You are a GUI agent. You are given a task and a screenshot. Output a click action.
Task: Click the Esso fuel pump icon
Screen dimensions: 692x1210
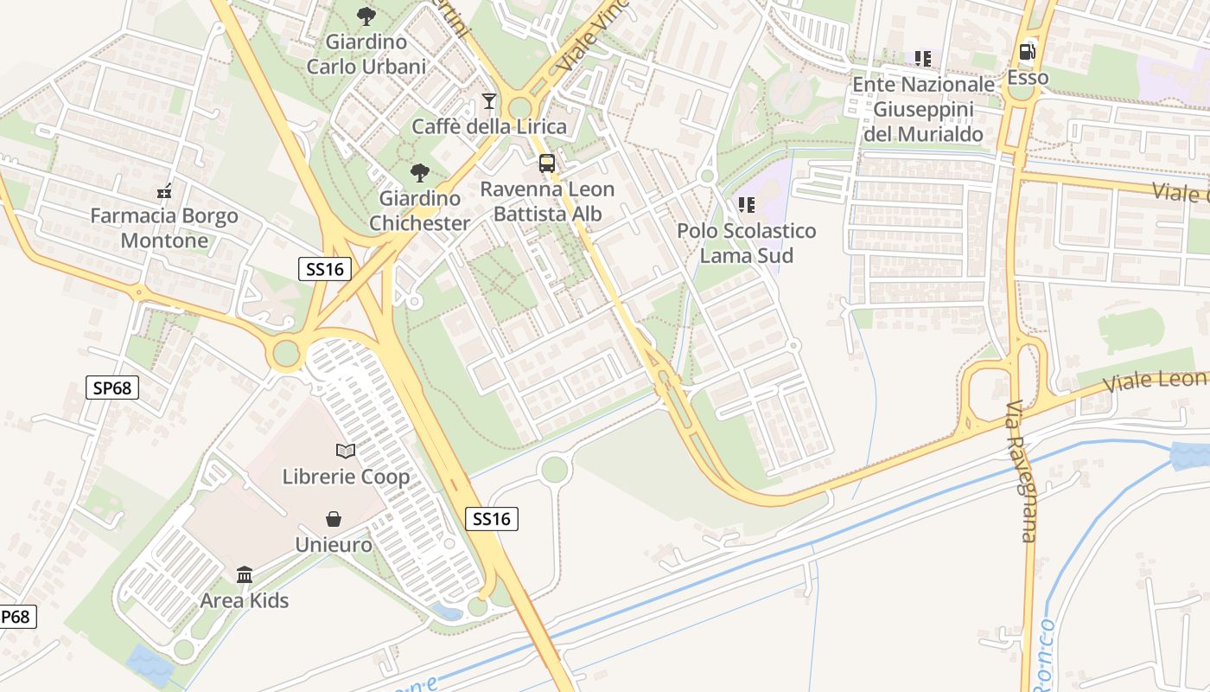pos(1027,52)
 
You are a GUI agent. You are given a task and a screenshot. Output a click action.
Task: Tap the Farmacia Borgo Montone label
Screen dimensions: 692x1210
pos(164,228)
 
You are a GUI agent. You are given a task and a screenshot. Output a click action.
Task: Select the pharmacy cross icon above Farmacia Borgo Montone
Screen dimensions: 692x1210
pos(164,192)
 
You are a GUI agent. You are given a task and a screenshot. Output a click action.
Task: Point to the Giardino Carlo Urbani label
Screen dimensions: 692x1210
pos(366,54)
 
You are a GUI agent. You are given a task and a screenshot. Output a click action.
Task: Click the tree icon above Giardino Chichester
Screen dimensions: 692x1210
pos(420,173)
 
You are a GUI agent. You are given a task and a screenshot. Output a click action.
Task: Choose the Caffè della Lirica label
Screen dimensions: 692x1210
pos(489,126)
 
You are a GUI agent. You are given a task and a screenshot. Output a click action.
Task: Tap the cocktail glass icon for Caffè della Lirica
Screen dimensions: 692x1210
pos(489,101)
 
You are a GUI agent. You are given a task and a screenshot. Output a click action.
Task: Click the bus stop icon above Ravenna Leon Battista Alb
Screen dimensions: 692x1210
pos(547,163)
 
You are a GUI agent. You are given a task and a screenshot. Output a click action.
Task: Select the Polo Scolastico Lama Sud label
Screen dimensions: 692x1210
pos(746,243)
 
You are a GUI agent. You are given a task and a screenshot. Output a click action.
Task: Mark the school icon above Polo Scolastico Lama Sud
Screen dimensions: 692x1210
pos(747,205)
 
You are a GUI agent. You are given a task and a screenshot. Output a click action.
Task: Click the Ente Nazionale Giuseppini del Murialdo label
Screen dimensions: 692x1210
pos(923,109)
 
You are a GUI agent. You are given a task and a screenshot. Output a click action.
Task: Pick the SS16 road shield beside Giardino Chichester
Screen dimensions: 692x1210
pos(325,269)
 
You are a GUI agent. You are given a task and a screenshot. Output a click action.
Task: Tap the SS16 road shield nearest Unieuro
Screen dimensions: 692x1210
pos(493,519)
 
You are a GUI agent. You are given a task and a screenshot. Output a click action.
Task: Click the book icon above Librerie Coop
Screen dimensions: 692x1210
pos(346,451)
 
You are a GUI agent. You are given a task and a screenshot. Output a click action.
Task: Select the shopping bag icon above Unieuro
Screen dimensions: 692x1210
pos(334,519)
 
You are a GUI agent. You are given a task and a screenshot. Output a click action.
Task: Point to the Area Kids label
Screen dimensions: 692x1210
pos(245,600)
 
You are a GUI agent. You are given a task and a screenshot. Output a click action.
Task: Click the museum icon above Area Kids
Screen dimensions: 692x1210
pos(245,574)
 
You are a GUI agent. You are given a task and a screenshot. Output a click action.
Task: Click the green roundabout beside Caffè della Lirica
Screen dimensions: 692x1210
pos(519,107)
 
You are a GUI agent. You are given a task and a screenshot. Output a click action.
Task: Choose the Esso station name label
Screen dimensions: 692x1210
pos(1028,78)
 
